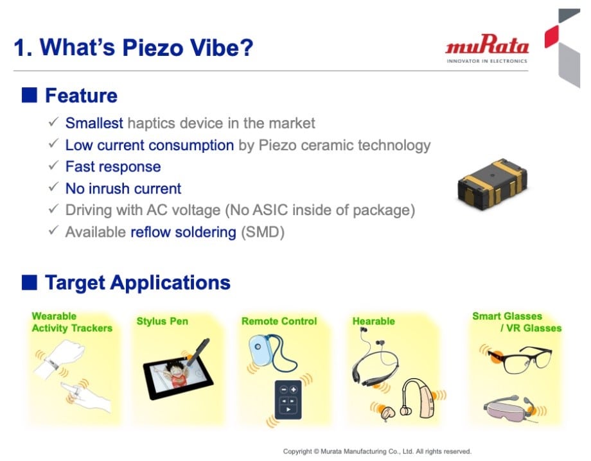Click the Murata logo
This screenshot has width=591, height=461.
[x=486, y=49]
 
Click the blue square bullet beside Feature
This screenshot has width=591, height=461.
[x=30, y=95]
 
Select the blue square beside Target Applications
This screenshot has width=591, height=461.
[x=30, y=283]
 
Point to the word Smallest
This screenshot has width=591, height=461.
[x=94, y=123]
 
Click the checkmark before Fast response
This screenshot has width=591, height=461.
[x=53, y=165]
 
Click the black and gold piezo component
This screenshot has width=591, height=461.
[x=492, y=184]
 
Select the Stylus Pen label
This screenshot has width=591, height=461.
[x=162, y=321]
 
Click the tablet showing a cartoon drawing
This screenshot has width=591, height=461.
[x=178, y=377]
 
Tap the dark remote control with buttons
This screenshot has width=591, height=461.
[x=288, y=399]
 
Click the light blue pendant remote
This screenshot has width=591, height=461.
[x=259, y=351]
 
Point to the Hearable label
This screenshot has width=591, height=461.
[x=373, y=321]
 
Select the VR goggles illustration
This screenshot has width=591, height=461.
[x=509, y=408]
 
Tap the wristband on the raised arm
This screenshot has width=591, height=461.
[x=52, y=363]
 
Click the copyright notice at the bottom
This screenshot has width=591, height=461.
[x=377, y=451]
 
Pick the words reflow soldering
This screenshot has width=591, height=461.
[x=183, y=232]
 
